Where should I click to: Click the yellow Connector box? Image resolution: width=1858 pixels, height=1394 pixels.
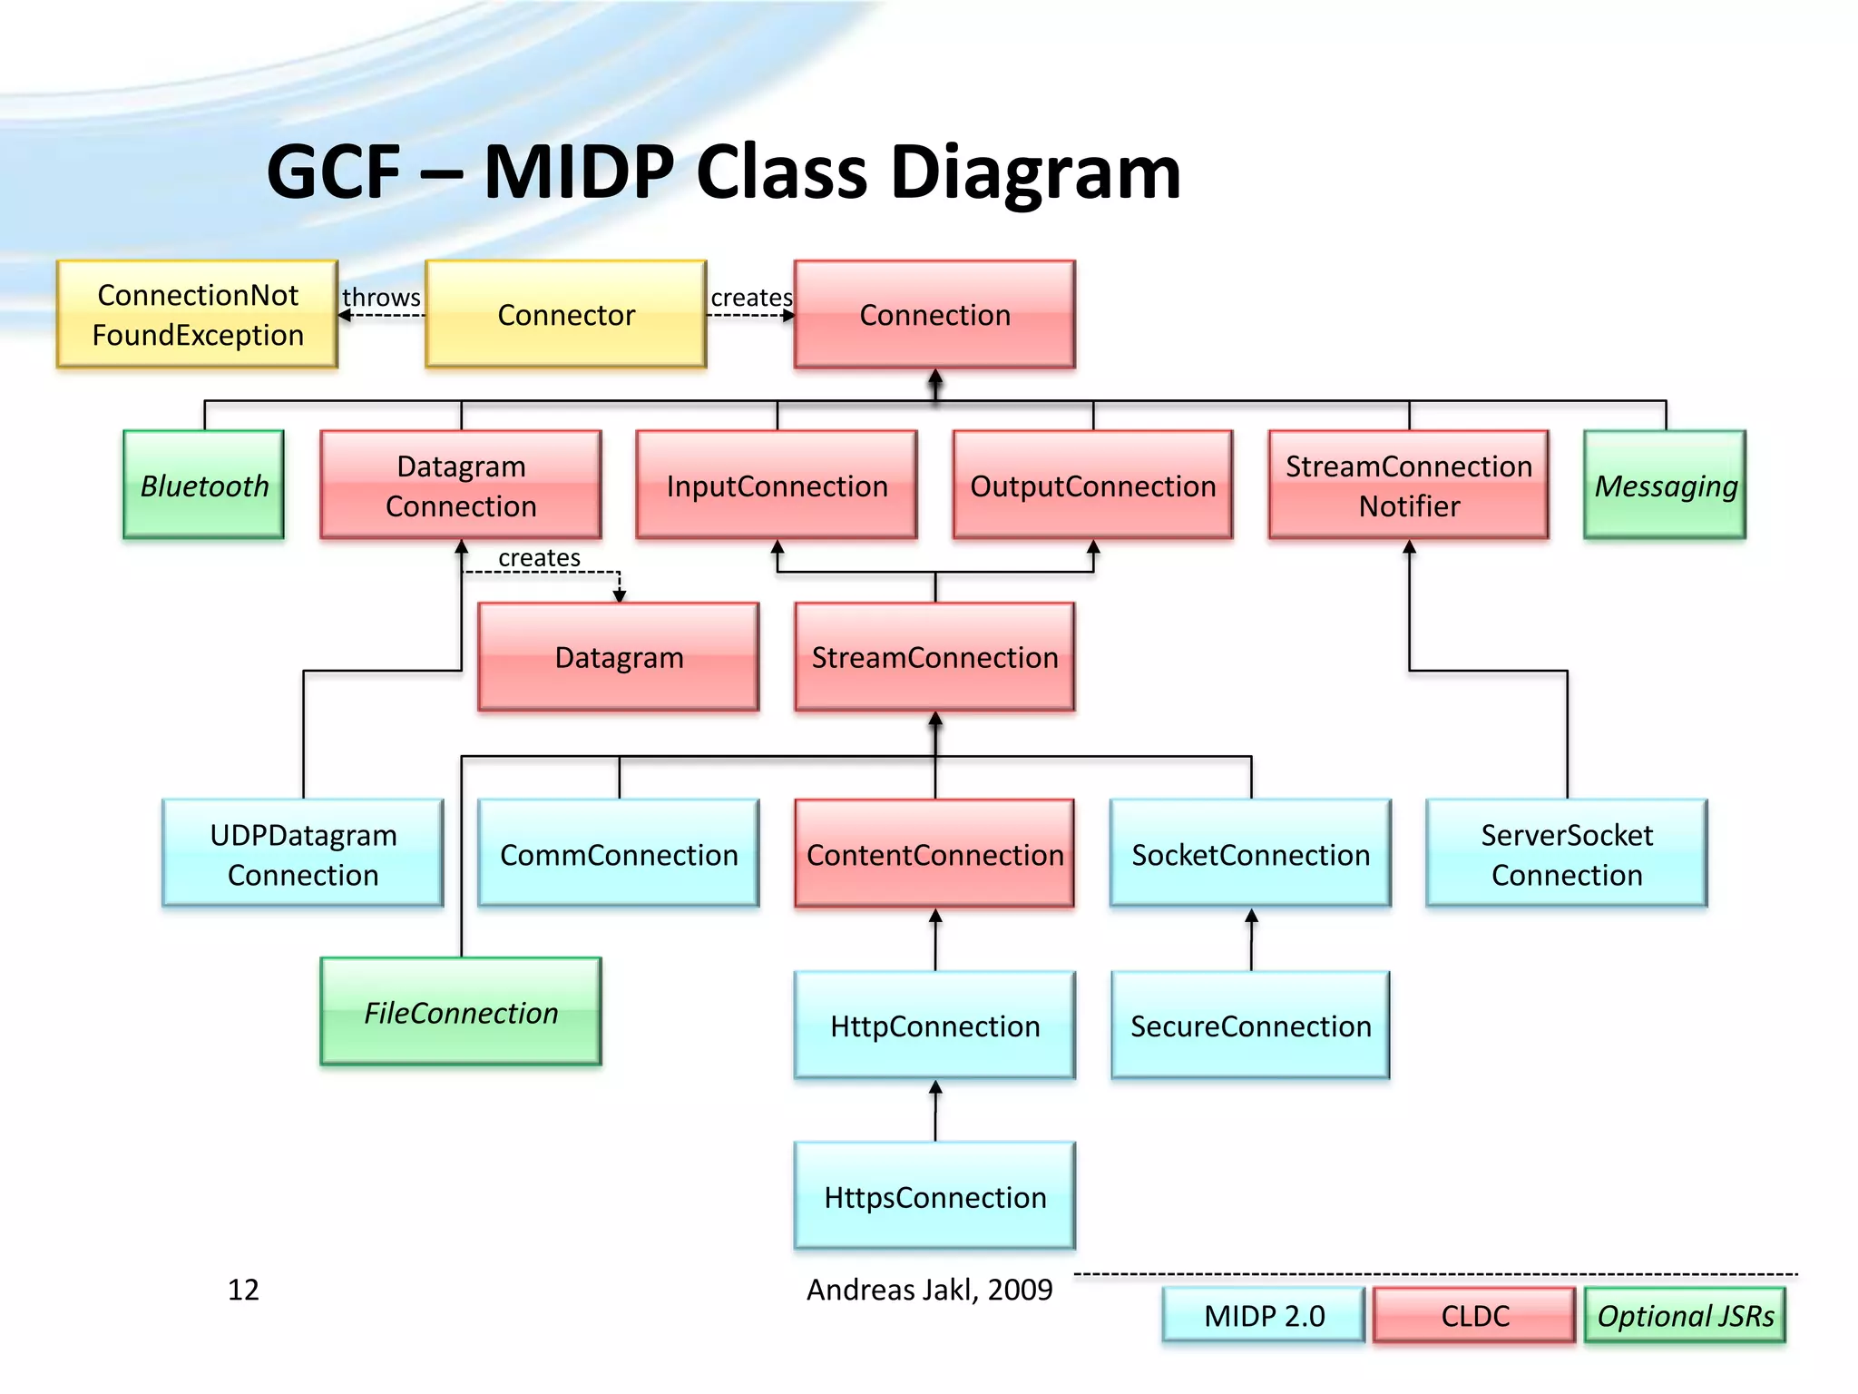click(565, 314)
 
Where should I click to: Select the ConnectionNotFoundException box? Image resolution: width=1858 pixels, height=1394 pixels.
click(198, 314)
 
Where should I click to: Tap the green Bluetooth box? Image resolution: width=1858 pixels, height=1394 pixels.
click(204, 486)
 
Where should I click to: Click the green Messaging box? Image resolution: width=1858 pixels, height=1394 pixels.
click(1665, 486)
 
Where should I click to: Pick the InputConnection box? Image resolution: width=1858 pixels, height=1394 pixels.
click(777, 486)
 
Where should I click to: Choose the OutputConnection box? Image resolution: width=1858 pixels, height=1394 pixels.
click(1092, 486)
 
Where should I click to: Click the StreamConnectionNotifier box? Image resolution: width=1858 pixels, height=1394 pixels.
click(1408, 486)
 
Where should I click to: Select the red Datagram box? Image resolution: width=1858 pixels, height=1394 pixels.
click(619, 657)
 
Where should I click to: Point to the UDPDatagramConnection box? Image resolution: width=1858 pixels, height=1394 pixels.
click(303, 854)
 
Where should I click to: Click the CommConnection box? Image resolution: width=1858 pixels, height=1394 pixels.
click(619, 854)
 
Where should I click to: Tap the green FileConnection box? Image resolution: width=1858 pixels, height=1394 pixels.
click(461, 1012)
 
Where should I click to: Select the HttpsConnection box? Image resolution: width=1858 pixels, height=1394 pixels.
click(934, 1197)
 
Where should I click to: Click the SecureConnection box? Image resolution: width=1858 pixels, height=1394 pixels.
click(1250, 1026)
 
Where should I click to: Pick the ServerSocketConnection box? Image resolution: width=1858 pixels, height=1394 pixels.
click(1567, 854)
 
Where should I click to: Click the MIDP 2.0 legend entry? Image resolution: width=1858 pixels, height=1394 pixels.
click(1264, 1315)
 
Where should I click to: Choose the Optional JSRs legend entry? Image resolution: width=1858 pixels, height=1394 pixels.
click(1685, 1315)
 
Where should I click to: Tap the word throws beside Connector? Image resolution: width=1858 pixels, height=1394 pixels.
click(381, 297)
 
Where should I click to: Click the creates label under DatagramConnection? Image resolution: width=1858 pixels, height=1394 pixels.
click(539, 557)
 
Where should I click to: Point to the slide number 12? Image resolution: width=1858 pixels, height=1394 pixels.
click(243, 1290)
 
